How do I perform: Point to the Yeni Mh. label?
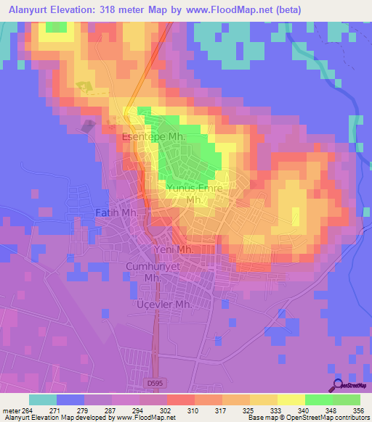(x=173, y=249)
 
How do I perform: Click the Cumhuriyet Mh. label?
(x=151, y=271)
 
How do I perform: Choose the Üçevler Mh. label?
(x=163, y=305)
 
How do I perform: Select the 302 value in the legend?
(x=165, y=408)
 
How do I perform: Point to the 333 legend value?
(x=270, y=408)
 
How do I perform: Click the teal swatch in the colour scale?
(x=43, y=399)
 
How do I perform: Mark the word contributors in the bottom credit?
(x=352, y=418)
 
